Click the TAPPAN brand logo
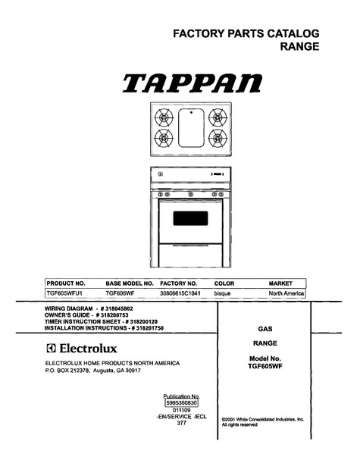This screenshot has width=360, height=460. tap(193, 83)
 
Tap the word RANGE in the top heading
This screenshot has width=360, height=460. tap(299, 46)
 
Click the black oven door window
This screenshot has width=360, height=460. tap(190, 218)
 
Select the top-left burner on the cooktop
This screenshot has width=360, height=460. tap(164, 117)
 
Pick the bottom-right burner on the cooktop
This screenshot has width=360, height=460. tap(218, 138)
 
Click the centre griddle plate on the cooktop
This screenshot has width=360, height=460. tap(191, 128)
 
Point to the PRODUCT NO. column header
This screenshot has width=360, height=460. tap(66, 283)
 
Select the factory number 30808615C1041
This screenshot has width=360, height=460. tap(180, 293)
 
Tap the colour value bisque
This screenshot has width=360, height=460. tap(222, 293)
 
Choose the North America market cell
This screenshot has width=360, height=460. tap(286, 293)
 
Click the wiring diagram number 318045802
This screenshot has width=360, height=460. tap(117, 308)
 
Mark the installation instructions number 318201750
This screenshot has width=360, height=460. tap(148, 328)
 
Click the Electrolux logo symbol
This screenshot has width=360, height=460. tap(51, 348)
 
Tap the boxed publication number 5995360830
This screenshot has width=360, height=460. tap(182, 403)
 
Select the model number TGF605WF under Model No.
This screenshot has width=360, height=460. tap(265, 366)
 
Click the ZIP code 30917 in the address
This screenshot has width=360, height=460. tap(133, 371)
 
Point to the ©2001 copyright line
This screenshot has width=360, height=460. tap(263, 420)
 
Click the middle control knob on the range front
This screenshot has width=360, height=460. tap(191, 194)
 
